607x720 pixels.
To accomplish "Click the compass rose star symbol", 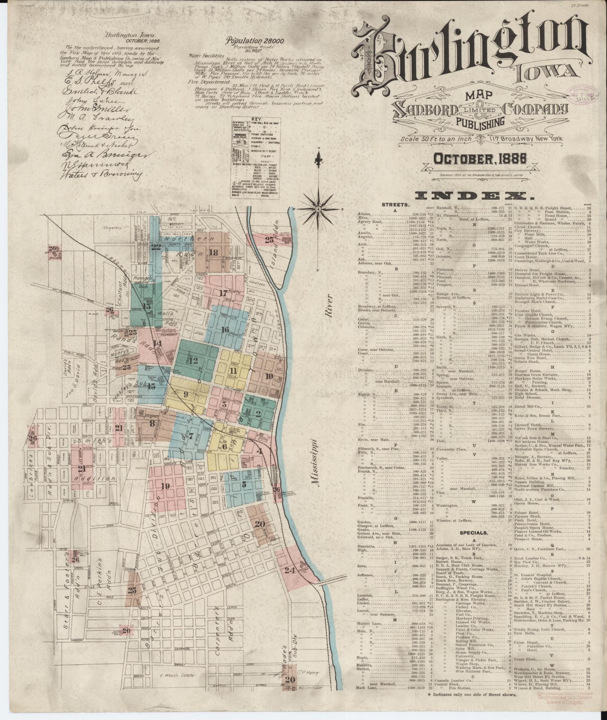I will point(318,209).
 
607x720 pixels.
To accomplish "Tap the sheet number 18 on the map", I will point(213,253).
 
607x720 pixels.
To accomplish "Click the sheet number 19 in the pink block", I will point(165,486).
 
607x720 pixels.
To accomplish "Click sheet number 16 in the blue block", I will point(225,330).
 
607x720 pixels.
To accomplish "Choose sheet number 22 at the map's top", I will point(156,247).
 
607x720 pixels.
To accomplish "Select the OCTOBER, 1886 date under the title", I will point(479,160).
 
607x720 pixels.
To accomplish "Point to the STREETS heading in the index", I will point(395,205).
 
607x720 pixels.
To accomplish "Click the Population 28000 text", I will point(255,41).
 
